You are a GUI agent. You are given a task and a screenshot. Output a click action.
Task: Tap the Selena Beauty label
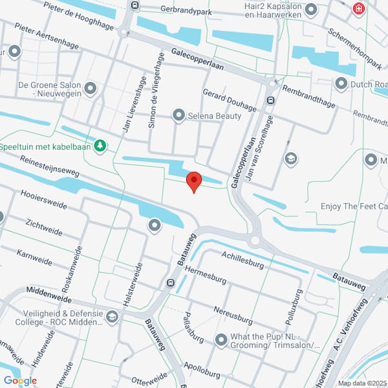[x=215, y=116]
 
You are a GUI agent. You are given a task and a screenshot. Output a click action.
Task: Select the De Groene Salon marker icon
[x=90, y=87]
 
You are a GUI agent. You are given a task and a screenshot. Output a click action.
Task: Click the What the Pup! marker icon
[x=221, y=339]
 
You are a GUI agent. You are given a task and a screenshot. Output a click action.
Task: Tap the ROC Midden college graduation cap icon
[x=113, y=316]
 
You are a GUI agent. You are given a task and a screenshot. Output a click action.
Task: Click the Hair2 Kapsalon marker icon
[x=311, y=10]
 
